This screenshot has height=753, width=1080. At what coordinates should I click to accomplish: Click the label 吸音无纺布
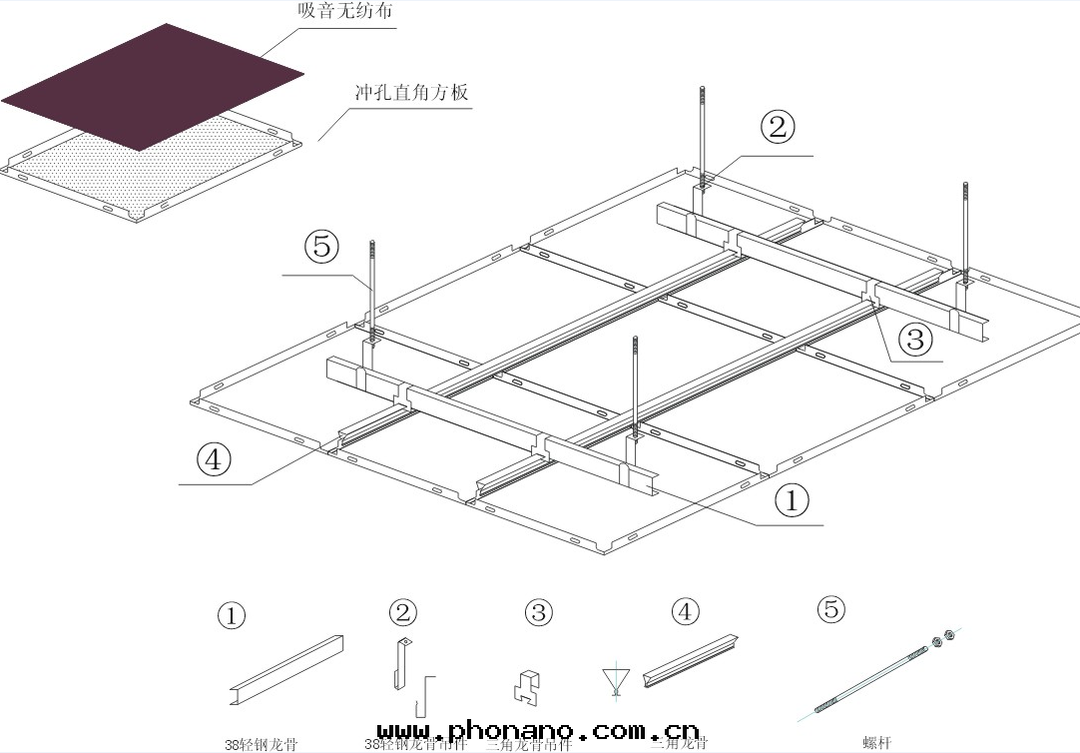point(338,12)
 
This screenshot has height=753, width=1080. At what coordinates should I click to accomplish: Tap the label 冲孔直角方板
point(411,93)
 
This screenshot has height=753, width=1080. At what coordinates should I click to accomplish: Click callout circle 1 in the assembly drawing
point(792,500)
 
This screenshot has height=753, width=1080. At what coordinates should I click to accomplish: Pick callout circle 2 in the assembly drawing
point(778,127)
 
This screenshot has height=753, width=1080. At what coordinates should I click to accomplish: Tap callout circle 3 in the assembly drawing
point(914,341)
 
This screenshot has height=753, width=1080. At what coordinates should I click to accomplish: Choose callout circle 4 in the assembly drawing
point(214,459)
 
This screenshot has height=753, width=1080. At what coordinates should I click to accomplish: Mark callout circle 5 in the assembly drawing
point(321,246)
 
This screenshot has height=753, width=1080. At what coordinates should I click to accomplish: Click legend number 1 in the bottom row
point(232,616)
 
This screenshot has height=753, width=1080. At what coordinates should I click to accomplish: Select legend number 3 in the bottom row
point(538,612)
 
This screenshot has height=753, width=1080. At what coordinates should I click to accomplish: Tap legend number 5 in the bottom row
point(830,608)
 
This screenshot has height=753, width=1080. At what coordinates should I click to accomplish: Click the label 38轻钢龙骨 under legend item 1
point(261,744)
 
